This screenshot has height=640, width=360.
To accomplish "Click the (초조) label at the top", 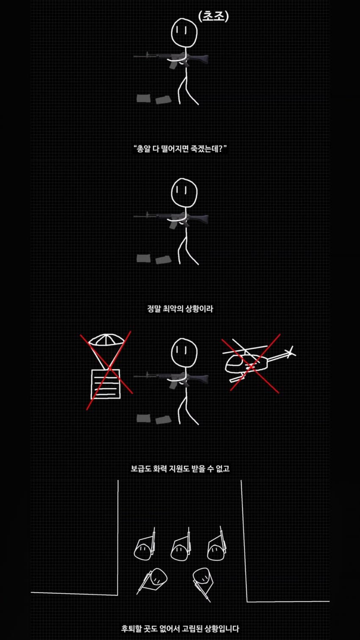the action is pyautogui.click(x=213, y=17).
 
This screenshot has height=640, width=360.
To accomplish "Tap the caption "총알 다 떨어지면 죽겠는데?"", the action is pyautogui.click(x=180, y=149).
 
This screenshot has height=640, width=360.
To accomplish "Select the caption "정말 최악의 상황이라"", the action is pyautogui.click(x=180, y=309).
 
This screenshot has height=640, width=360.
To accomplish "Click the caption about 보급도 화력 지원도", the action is pyautogui.click(x=180, y=469).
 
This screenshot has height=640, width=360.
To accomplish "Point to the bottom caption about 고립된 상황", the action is pyautogui.click(x=180, y=629).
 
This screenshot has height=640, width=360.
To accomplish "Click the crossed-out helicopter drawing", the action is pyautogui.click(x=259, y=362).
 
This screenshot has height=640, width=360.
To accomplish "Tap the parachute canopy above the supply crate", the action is pyautogui.click(x=106, y=339).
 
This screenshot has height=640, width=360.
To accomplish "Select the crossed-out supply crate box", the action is pyautogui.click(x=105, y=384).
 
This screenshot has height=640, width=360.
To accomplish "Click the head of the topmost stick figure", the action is pyautogui.click(x=184, y=32).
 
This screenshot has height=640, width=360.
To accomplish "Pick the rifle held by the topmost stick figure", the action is pyautogui.click(x=171, y=58).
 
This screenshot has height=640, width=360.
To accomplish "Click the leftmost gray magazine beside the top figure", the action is pyautogui.click(x=143, y=98).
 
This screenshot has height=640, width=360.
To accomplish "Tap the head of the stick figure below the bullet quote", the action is pyautogui.click(x=184, y=192).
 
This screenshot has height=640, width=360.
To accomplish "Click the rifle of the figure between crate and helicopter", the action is pyautogui.click(x=171, y=378).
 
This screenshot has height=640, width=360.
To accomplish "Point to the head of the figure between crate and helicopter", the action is pyautogui.click(x=184, y=352).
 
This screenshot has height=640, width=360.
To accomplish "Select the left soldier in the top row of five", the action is pyautogui.click(x=145, y=545).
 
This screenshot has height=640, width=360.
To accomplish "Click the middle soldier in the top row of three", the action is pyautogui.click(x=181, y=545).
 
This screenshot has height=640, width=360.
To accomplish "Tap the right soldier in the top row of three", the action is pyautogui.click(x=217, y=544).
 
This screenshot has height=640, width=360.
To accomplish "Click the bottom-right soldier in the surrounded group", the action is pyautogui.click(x=203, y=583).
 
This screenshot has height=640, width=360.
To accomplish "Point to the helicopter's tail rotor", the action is pyautogui.click(x=291, y=352).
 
